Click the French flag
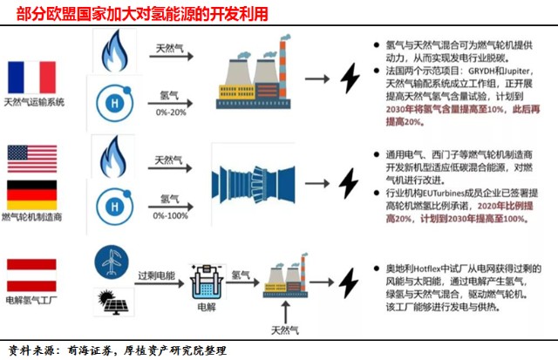click(x=32, y=78)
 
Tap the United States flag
click(x=32, y=159)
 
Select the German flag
click(x=32, y=195)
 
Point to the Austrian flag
click(x=31, y=275)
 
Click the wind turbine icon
click(x=112, y=262)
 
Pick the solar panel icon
click(x=113, y=302)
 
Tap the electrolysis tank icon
click(x=208, y=282)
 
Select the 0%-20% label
click(x=171, y=112)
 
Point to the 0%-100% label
click(x=171, y=215)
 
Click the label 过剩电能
click(x=157, y=275)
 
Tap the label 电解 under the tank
click(x=207, y=307)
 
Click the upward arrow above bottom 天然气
click(x=285, y=312)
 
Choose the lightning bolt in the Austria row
click(x=349, y=282)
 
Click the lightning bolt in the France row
click(x=350, y=78)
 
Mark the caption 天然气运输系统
click(x=34, y=103)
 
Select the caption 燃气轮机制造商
click(x=32, y=217)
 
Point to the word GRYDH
click(x=481, y=71)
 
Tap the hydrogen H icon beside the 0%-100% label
click(x=114, y=207)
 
